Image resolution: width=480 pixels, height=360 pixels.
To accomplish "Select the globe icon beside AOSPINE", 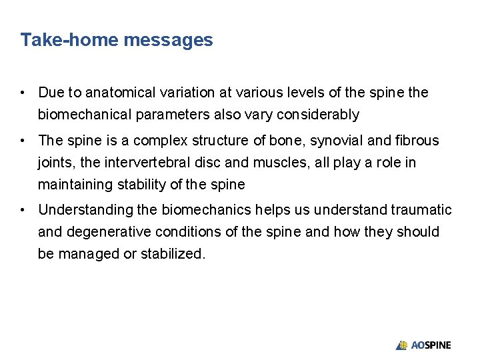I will click(x=402, y=345).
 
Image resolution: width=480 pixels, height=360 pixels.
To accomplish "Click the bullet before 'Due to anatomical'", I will click(x=23, y=92).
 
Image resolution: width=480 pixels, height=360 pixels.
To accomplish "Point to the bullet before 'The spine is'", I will click(x=23, y=140).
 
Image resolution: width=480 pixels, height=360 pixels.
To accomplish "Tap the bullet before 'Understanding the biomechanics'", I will click(x=23, y=210).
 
